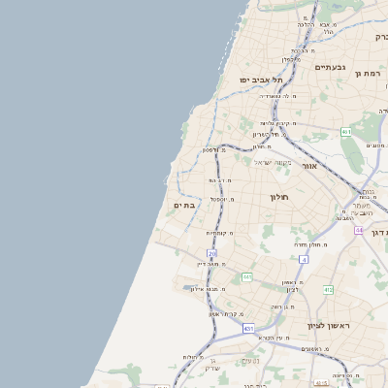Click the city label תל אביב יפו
pos(261,80)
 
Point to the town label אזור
pos(309,166)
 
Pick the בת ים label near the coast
pos(184,206)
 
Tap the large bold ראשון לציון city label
pos(327,326)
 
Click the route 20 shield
pos(211,254)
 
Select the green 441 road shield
pos(247,277)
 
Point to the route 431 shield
pos(249,329)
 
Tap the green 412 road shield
pos(329,290)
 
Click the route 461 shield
pos(346,131)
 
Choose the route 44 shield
pos(359,230)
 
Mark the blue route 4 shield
pos(304,260)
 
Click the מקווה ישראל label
pos(273,162)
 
